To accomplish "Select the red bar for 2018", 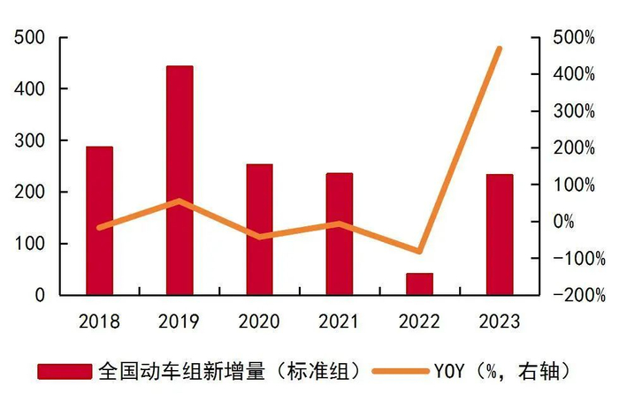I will click(99, 221).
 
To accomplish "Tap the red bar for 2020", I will click(259, 230).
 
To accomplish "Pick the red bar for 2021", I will click(339, 234).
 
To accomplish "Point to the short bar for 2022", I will click(419, 284).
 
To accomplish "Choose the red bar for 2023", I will click(499, 235).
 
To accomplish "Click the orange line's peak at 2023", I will click(500, 49).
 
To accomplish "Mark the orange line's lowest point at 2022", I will click(419, 252).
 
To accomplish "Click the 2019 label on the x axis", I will click(180, 321).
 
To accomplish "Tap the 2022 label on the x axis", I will click(419, 321).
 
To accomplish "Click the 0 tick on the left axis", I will click(39, 295).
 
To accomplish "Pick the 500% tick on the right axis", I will click(576, 38).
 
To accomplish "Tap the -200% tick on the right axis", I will click(573, 295).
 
